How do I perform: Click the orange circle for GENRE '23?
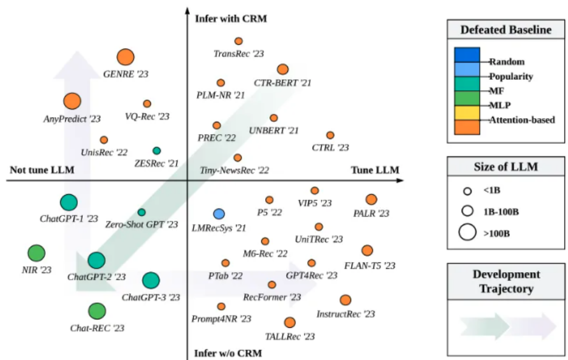(x=125, y=58)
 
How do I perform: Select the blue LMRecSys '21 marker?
(x=219, y=214)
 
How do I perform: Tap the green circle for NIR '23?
(x=36, y=253)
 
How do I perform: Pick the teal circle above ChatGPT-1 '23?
(x=69, y=202)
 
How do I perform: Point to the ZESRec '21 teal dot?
(x=156, y=150)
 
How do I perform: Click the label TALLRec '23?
(x=290, y=336)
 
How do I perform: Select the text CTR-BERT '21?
(x=282, y=82)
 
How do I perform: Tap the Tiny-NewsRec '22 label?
(x=235, y=169)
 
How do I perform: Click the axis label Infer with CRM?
(x=231, y=19)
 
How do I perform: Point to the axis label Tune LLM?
(x=375, y=170)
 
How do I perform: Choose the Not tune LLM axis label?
(x=42, y=170)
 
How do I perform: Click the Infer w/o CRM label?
(x=228, y=353)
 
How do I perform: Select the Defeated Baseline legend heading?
(x=506, y=30)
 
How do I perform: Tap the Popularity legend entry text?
(x=511, y=77)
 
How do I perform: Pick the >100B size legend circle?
(x=468, y=233)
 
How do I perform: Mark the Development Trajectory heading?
(x=506, y=281)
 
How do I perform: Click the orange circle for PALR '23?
(x=371, y=199)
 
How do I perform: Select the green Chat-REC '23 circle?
(x=97, y=311)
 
